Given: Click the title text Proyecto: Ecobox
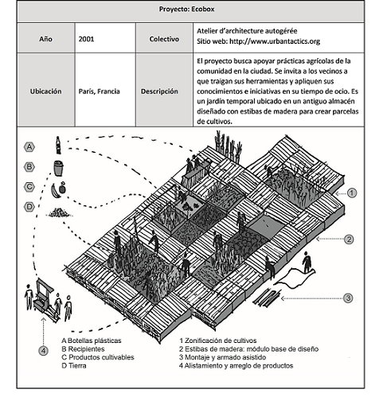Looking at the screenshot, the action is [186, 9].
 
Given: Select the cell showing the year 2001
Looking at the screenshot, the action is [105, 38].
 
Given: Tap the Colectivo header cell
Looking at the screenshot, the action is [164, 38].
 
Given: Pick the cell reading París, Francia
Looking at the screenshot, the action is [105, 90].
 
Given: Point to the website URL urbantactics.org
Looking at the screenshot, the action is [275, 41].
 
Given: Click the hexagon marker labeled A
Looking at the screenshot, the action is [29, 147].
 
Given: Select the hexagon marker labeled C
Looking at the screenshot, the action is [29, 187].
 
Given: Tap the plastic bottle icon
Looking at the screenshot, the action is [58, 145].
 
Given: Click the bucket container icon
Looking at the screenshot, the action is [58, 168].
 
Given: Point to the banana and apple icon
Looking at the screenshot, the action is [58, 189].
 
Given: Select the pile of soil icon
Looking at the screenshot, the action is [59, 212].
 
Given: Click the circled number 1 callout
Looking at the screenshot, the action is [352, 193].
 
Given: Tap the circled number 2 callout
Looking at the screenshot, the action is [349, 239].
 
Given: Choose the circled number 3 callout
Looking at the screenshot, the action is [348, 298].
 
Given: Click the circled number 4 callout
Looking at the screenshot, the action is [43, 351].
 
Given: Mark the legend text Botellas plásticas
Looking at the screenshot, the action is [94, 341].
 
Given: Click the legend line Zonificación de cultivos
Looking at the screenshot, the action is [218, 341].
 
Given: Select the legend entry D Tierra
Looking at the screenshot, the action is [74, 366].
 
